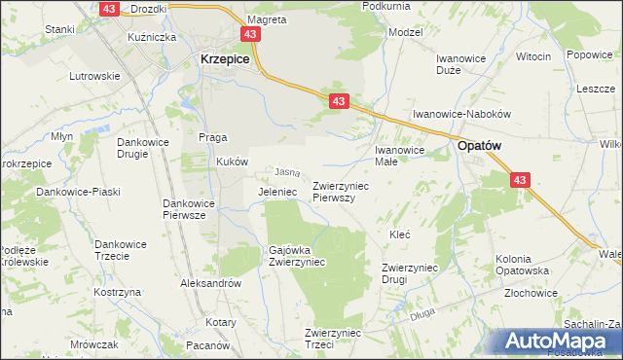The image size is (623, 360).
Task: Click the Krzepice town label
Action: pos(225,58)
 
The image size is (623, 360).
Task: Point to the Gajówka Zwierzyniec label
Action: pos(297,255)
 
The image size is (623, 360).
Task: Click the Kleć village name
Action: pos(400,234)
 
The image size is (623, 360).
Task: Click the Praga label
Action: pos(213,136)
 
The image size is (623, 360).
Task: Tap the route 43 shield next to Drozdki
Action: pos(109,8)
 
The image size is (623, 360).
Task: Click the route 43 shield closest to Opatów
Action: pos(520,180)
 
